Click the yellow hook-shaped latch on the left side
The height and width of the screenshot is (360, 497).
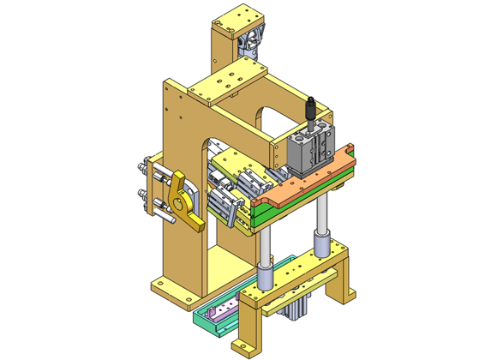(x=184, y=201)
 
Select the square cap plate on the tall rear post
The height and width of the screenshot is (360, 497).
(x=232, y=18)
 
